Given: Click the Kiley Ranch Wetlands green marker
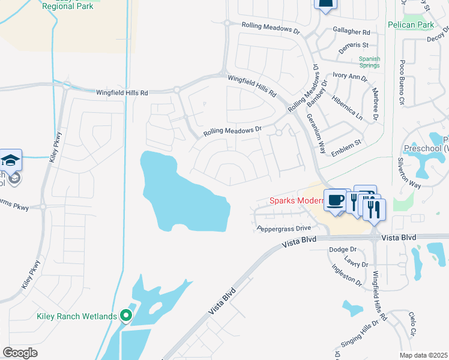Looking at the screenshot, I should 126,315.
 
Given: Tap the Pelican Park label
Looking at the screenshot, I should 419,25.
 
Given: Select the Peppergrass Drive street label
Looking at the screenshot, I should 284,228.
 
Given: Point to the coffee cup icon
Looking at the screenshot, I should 335,200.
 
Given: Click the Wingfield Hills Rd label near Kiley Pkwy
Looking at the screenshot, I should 122,93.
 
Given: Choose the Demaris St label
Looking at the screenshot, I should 354,45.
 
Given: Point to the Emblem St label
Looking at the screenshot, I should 346,143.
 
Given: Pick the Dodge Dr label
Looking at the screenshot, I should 343,249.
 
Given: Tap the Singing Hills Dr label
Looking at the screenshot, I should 358,337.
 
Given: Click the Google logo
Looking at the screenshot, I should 20,352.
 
